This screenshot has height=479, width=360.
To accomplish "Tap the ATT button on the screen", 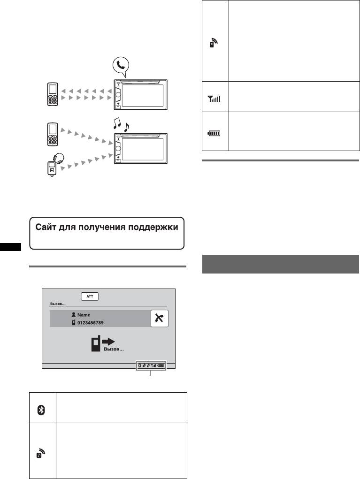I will [89, 297].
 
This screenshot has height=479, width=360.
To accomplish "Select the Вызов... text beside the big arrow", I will [114, 350].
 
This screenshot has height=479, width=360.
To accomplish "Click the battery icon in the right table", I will [214, 133].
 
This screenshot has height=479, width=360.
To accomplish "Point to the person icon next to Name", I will [74, 316].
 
